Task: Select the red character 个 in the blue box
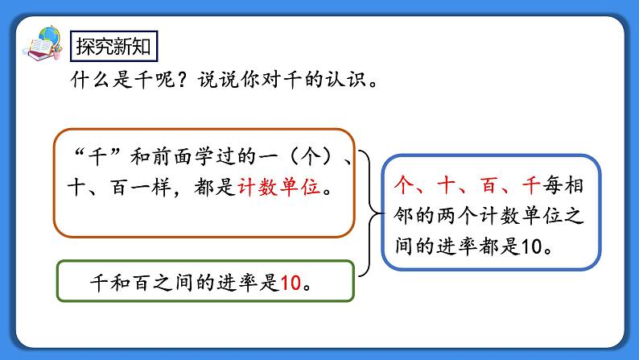point(405,186)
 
